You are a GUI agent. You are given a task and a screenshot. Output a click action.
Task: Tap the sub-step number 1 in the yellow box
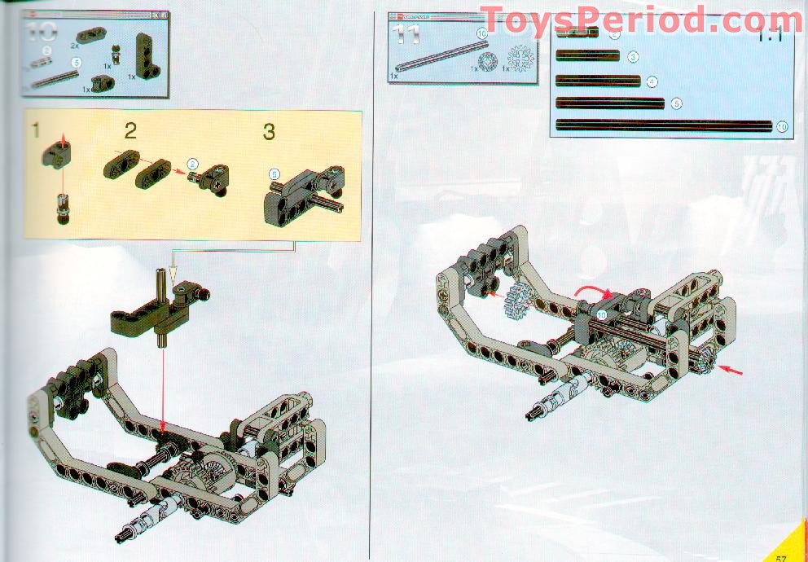click(x=36, y=130)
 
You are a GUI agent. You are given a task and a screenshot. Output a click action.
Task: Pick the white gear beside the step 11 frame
click(x=513, y=304)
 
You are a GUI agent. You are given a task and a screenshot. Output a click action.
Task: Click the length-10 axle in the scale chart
click(x=662, y=126)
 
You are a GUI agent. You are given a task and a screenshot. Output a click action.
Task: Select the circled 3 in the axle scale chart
click(x=633, y=57)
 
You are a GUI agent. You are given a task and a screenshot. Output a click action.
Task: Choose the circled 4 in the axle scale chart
click(x=652, y=81)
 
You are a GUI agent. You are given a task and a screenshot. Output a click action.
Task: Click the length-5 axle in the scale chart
click(x=610, y=103)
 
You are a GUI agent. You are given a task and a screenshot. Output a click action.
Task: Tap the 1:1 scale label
click(x=769, y=37)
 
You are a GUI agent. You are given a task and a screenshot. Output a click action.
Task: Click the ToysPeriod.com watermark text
click(x=641, y=20)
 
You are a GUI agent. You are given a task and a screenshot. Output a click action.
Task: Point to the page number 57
click(x=781, y=556)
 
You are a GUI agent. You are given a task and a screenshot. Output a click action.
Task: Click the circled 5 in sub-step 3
click(x=274, y=173)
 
